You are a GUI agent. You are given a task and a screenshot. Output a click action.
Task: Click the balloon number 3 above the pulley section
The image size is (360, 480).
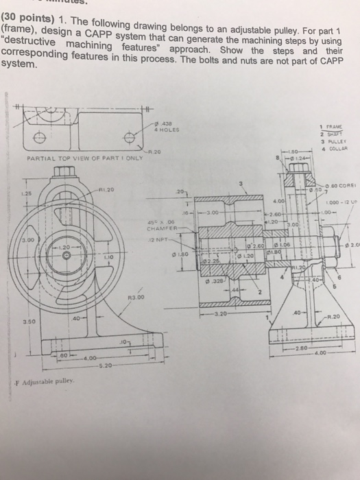(x=241, y=184)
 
